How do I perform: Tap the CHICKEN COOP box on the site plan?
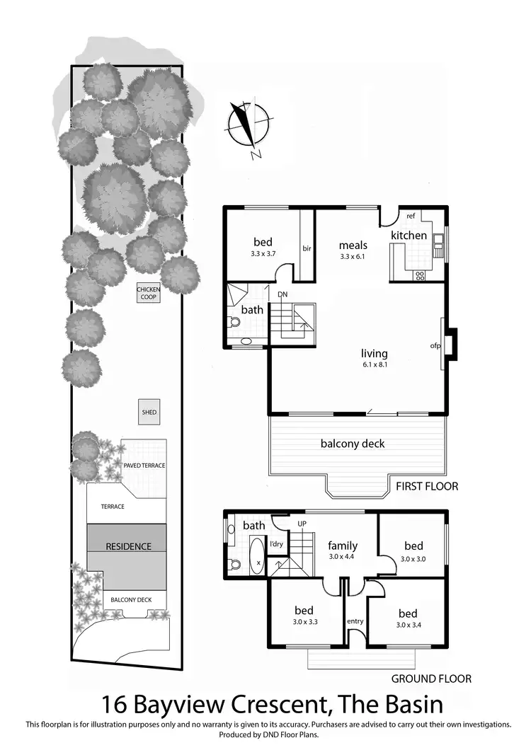(x=149, y=292)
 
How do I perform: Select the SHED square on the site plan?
(x=149, y=412)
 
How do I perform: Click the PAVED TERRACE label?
(x=144, y=466)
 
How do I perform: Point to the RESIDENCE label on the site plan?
(x=128, y=546)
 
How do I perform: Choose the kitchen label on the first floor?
(x=409, y=235)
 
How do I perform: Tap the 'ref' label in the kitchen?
(x=410, y=217)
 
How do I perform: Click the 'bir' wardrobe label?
(x=307, y=248)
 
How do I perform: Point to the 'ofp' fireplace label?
(x=435, y=346)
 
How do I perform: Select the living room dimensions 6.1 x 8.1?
(x=375, y=365)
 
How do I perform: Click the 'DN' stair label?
(x=282, y=294)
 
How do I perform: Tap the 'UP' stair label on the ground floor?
(x=302, y=524)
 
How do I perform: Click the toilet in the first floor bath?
(x=235, y=322)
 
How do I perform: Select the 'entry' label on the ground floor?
(x=355, y=621)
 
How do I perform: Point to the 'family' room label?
(x=342, y=546)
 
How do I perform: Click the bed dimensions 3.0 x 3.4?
(x=407, y=625)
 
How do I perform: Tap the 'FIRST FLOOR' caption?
(x=427, y=486)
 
